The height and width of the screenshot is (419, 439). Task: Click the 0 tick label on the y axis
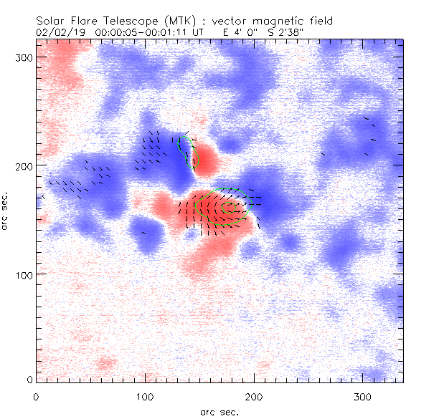click(x=29, y=380)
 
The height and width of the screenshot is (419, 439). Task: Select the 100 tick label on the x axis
click(x=145, y=396)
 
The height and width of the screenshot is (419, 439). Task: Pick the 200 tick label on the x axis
click(x=254, y=396)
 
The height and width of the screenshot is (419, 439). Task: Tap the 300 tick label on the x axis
click(x=363, y=396)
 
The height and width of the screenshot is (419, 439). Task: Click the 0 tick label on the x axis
click(x=36, y=396)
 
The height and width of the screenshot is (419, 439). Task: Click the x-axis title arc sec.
click(x=219, y=412)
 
